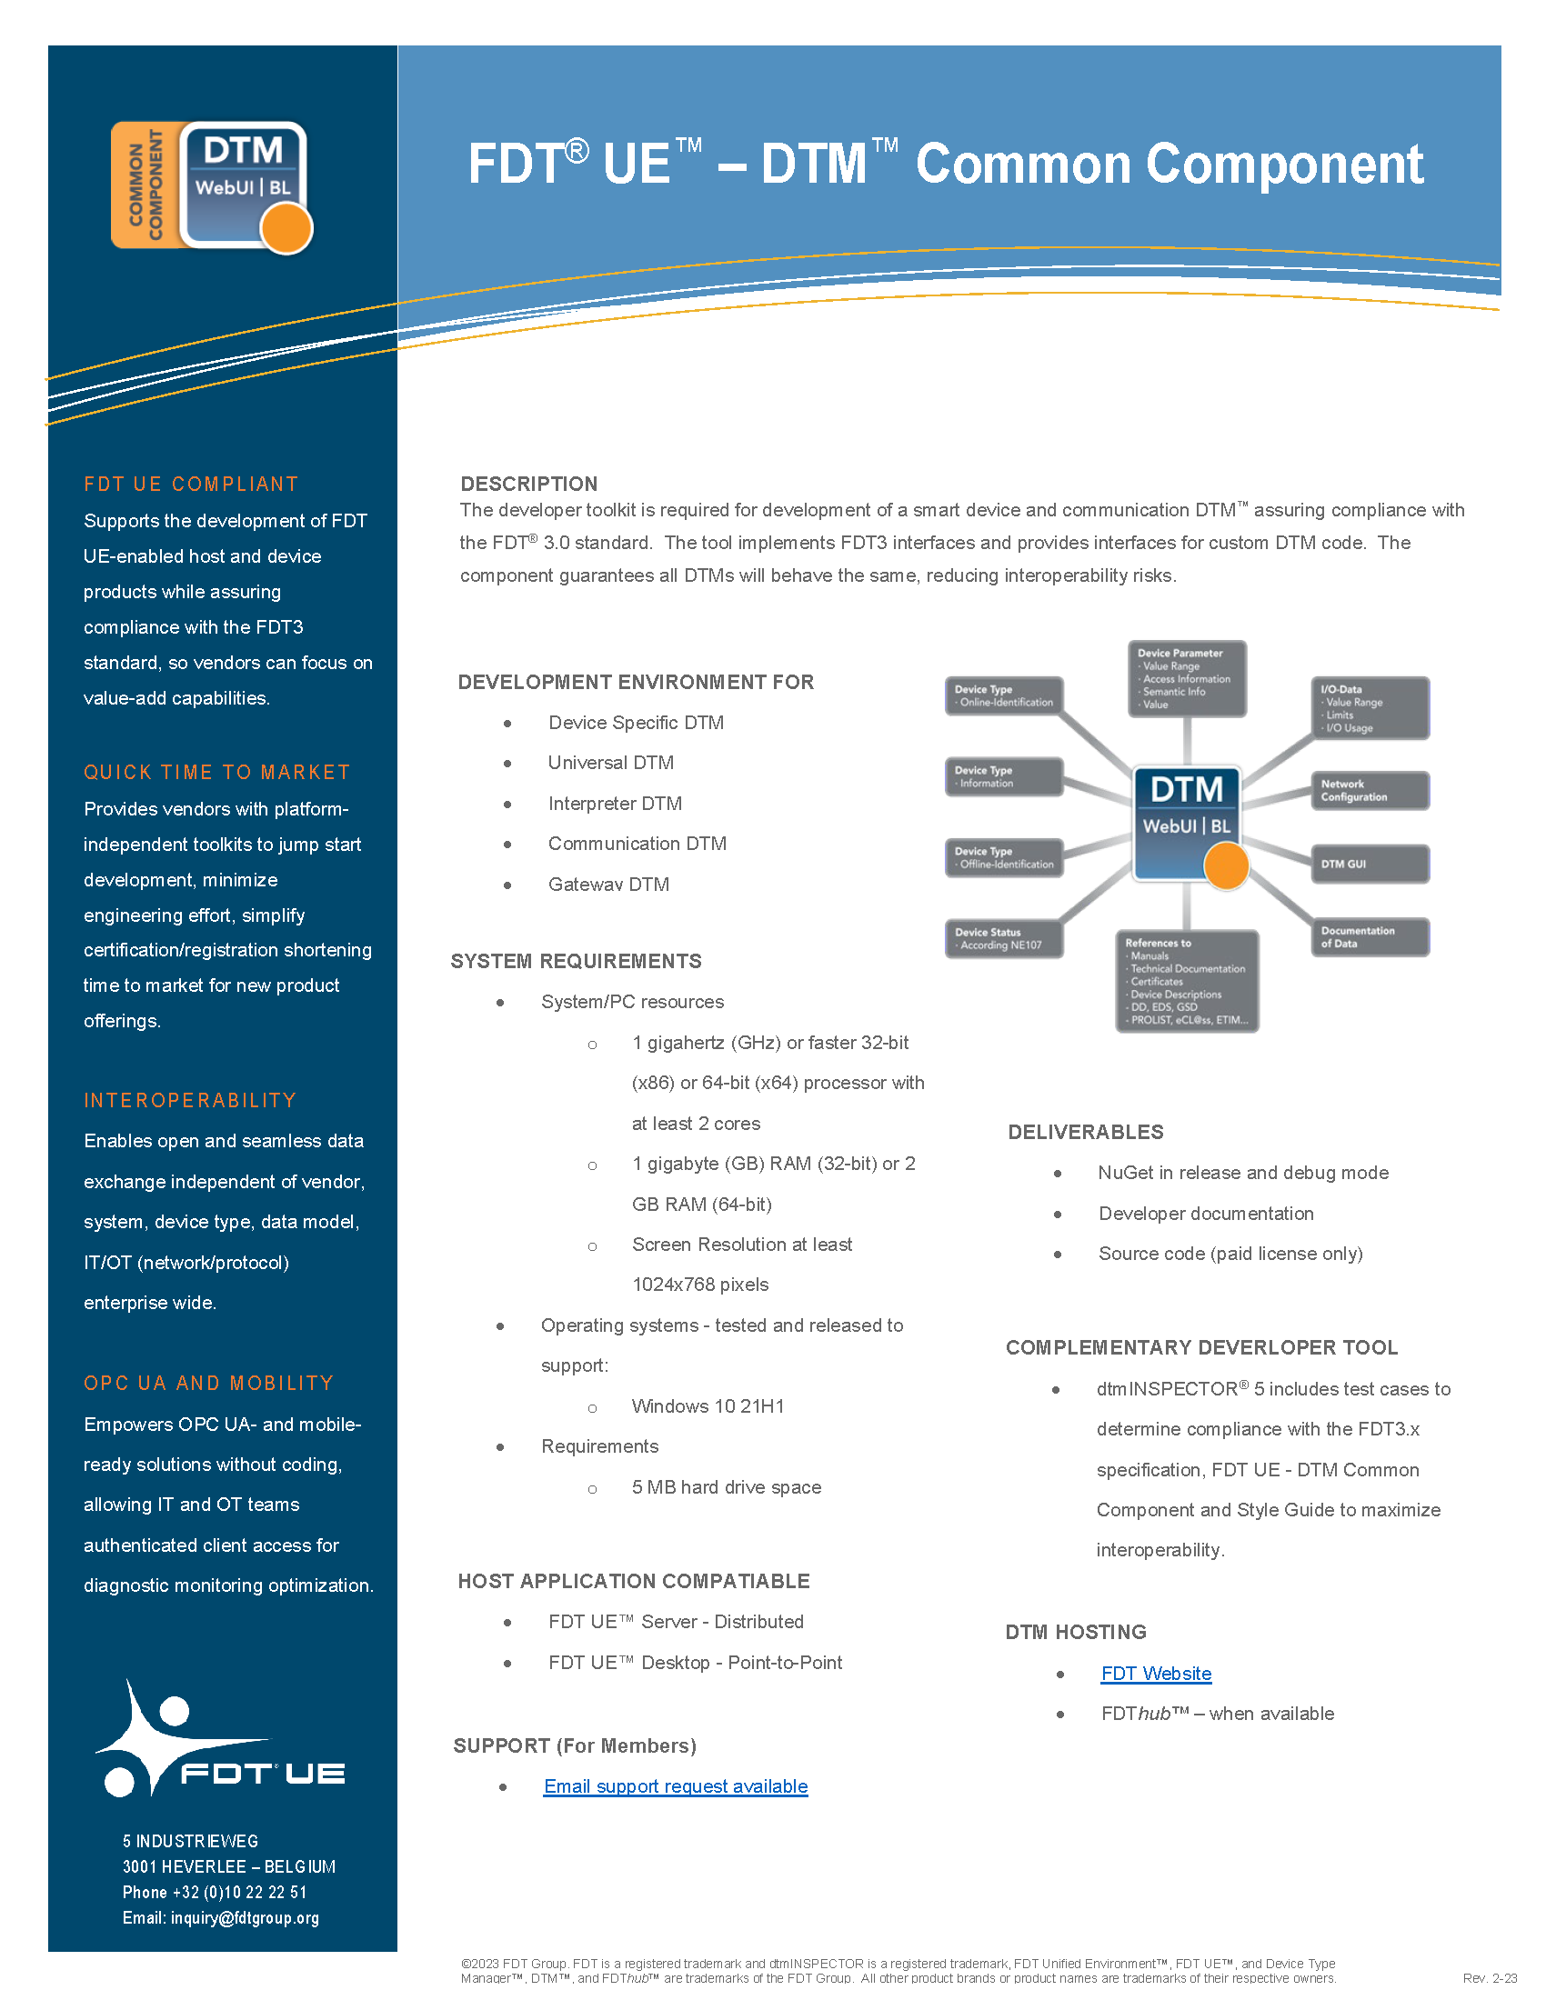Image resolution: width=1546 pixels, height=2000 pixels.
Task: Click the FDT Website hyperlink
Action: [x=1156, y=1673]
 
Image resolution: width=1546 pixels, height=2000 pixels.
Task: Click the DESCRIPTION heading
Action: [x=528, y=484]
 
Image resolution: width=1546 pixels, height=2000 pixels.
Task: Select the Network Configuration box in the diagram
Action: [x=1369, y=790]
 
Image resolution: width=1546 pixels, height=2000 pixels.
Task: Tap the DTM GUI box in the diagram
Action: [x=1369, y=864]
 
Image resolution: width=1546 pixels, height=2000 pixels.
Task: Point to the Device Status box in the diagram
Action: [x=1003, y=939]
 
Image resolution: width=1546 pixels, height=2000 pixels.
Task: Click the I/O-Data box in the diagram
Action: [x=1369, y=708]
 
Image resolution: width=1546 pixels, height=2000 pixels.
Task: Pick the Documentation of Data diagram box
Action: [x=1369, y=936]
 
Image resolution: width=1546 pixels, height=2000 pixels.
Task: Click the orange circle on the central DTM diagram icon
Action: [x=1226, y=865]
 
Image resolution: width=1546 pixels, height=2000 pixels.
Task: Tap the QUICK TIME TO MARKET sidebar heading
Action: [x=217, y=772]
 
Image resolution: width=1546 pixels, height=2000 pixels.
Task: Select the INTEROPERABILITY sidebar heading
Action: [x=190, y=1100]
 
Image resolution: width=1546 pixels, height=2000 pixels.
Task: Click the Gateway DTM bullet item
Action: [x=608, y=884]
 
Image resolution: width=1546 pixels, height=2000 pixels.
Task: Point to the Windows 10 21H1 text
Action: [x=707, y=1405]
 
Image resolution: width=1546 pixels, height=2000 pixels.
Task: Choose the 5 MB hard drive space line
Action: [x=726, y=1487]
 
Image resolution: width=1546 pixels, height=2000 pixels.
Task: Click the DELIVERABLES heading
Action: [x=1085, y=1132]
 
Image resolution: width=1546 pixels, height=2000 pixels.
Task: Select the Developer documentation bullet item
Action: [x=1205, y=1214]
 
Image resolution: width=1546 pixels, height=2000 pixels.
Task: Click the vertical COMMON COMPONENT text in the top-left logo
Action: [x=146, y=185]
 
